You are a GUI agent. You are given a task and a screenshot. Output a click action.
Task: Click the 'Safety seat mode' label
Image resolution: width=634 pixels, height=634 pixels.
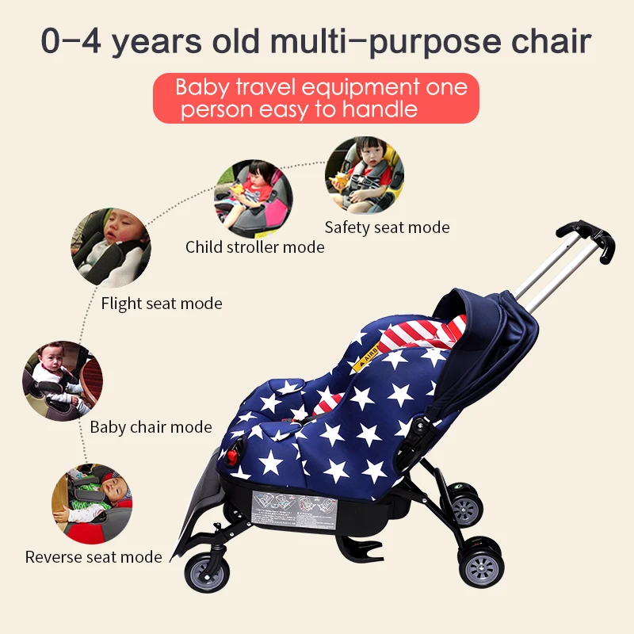click(x=387, y=227)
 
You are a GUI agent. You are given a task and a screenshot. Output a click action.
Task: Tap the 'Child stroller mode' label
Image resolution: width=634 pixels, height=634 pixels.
click(x=254, y=247)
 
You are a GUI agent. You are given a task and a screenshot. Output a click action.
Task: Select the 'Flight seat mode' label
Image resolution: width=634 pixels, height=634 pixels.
click(x=162, y=304)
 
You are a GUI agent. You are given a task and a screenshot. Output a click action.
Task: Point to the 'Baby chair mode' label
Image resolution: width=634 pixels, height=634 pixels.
click(x=151, y=428)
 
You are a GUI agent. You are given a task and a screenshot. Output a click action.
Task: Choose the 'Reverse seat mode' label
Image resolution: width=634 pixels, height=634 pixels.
click(x=94, y=557)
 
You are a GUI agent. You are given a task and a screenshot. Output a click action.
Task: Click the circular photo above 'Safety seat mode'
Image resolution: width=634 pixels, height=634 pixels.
click(x=365, y=176)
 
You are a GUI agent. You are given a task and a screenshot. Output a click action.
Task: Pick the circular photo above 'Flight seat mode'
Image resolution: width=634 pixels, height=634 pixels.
click(x=111, y=246)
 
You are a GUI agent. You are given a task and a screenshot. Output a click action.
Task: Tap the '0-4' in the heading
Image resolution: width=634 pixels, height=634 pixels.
click(x=72, y=42)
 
